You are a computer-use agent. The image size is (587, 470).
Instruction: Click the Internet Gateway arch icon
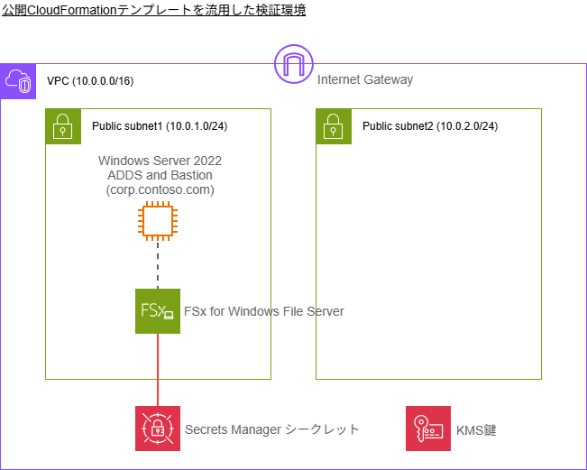pyautogui.click(x=293, y=63)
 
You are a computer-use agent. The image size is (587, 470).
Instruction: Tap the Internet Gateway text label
pyautogui.click(x=364, y=79)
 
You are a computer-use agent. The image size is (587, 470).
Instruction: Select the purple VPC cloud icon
pyautogui.click(x=18, y=81)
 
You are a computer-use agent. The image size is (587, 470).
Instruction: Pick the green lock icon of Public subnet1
pyautogui.click(x=63, y=126)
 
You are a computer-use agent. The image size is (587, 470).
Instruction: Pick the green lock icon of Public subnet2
pyautogui.click(x=334, y=126)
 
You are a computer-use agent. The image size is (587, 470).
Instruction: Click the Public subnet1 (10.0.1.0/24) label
pyautogui.click(x=160, y=126)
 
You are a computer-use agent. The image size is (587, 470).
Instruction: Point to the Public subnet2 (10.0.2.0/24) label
pyautogui.click(x=430, y=126)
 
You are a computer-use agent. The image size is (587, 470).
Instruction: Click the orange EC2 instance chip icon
pyautogui.click(x=158, y=221)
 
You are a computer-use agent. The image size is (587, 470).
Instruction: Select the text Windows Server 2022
pyautogui.click(x=160, y=161)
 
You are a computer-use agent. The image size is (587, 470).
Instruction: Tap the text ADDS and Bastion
pyautogui.click(x=160, y=175)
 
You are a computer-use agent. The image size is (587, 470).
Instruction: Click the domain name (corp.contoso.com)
pyautogui.click(x=160, y=190)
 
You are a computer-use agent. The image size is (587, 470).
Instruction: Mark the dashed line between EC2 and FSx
pyautogui.click(x=158, y=266)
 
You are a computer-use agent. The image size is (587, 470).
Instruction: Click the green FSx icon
pyautogui.click(x=158, y=311)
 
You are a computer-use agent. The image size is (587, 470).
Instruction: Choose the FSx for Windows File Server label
pyautogui.click(x=264, y=311)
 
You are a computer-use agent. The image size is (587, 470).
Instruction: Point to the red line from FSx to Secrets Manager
pyautogui.click(x=158, y=370)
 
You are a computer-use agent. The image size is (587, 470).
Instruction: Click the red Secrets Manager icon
pyautogui.click(x=158, y=429)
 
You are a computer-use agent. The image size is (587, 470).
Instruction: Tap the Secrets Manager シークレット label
pyautogui.click(x=271, y=429)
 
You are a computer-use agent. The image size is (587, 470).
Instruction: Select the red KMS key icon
pyautogui.click(x=427, y=429)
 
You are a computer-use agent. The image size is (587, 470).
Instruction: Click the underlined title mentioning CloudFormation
pyautogui.click(x=153, y=10)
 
